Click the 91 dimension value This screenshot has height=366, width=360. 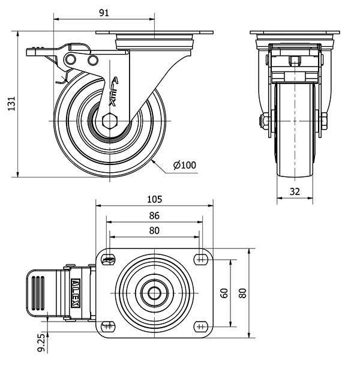coord(104,13)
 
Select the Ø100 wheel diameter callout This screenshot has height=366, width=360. coord(184,165)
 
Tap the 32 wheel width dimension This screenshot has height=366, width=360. coord(294,192)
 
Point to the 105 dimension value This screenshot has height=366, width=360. coord(155,200)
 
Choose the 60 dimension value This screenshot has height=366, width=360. coord(224,293)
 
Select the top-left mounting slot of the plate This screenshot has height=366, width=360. coord(108,259)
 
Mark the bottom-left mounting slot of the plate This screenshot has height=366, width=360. coord(108,327)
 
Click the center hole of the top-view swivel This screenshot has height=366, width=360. coord(154,293)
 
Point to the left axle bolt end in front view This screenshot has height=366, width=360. coord(264,122)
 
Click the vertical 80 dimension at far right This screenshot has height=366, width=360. coord(242,293)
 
